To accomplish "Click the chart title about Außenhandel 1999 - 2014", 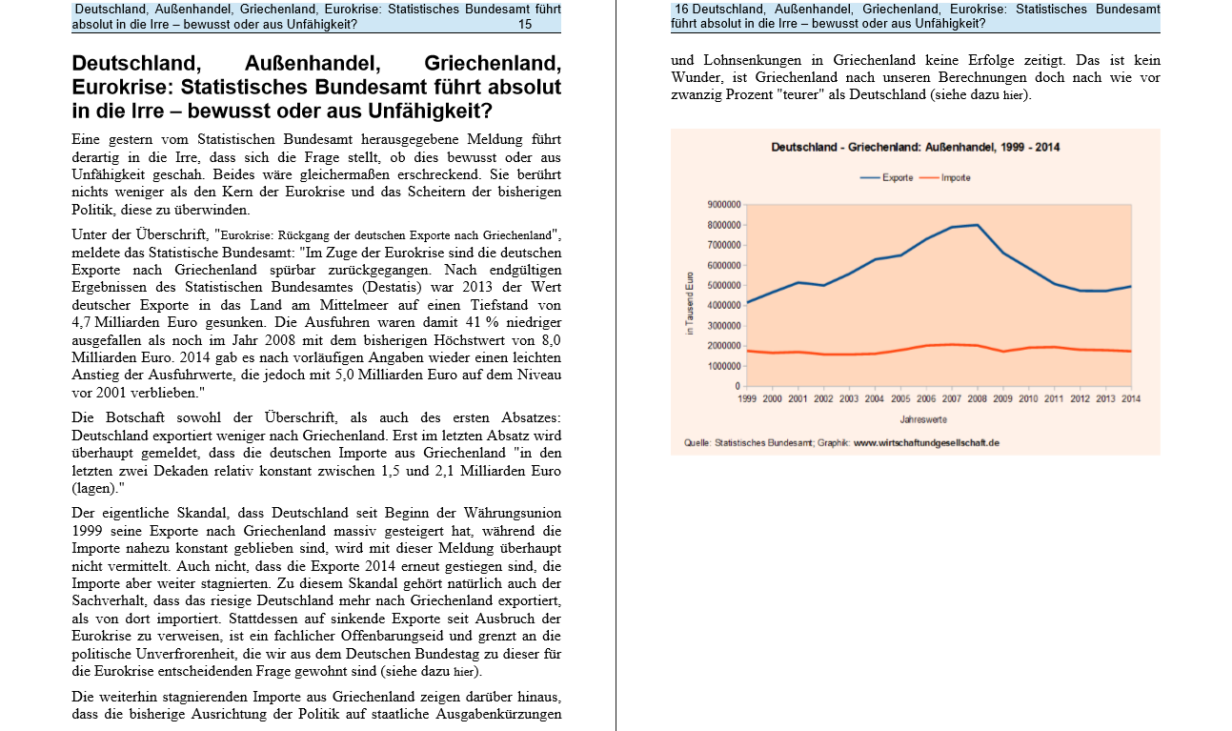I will coord(915,148).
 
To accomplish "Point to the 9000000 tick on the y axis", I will coord(723,205).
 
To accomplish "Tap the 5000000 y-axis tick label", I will coord(723,286).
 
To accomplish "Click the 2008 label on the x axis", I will coord(977,399).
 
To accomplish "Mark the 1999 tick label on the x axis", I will coord(747,399).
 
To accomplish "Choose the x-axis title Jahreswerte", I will coord(923,419).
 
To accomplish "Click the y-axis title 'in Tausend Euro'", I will coord(689,303).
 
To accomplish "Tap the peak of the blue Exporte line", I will coord(977,225).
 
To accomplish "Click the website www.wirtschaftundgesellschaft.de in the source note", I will coord(926,443).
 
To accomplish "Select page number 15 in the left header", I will coord(525,25).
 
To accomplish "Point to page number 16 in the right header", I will coord(681,10).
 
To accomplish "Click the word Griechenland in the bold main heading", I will coord(492,64).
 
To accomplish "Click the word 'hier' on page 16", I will coord(1017,95).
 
